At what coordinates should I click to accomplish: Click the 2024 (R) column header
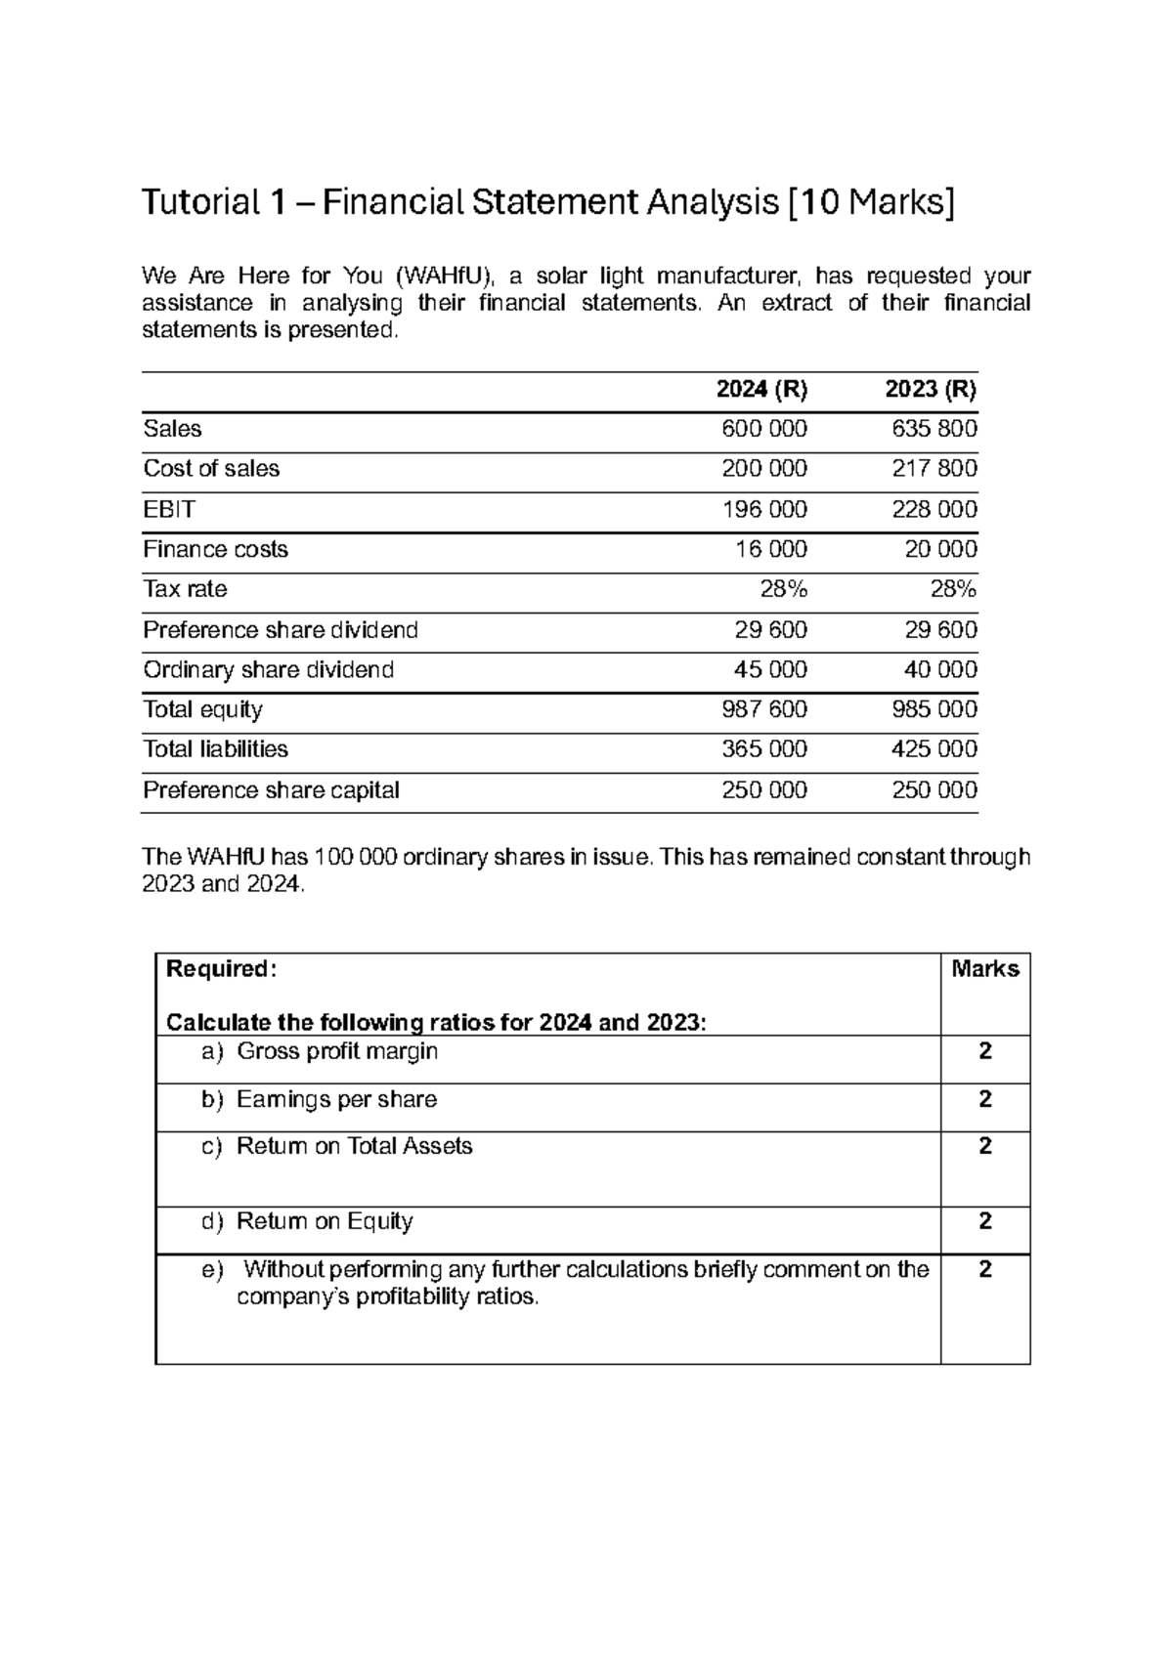tap(761, 390)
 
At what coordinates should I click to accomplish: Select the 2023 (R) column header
tap(931, 390)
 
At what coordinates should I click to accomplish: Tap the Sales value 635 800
tap(934, 429)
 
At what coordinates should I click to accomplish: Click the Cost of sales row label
tap(211, 469)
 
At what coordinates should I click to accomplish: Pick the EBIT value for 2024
tap(763, 509)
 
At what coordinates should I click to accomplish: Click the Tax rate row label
tap(185, 589)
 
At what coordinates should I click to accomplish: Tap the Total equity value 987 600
tap(763, 709)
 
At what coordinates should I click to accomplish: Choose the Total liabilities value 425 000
tap(934, 749)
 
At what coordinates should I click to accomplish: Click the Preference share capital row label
tap(271, 789)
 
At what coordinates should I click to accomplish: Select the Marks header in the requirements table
tap(984, 968)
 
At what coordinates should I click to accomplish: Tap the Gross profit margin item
tap(337, 1051)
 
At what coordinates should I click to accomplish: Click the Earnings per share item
tap(336, 1099)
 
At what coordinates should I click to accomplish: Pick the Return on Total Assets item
tap(354, 1146)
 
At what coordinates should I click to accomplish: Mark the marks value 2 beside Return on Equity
tap(985, 1221)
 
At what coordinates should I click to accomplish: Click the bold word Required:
tap(222, 968)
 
